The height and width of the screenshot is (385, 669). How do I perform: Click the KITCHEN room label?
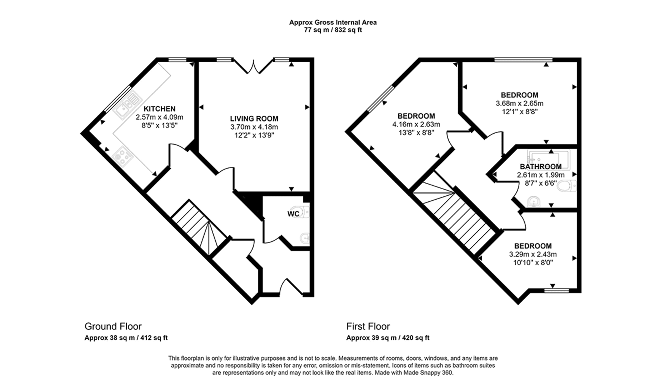[x=159, y=109]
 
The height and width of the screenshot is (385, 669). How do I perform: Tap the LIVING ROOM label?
[x=254, y=118]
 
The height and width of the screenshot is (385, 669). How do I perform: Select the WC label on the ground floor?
[x=293, y=214]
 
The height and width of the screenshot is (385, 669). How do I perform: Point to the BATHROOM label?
[x=541, y=167]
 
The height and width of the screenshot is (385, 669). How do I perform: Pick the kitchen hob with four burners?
[x=122, y=157]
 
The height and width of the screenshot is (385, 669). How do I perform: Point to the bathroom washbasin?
[x=534, y=201]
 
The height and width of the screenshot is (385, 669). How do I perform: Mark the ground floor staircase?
[x=199, y=227]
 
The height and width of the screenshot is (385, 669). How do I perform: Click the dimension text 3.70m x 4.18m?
[x=254, y=127]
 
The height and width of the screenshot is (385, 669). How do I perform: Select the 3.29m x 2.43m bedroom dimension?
[x=533, y=254]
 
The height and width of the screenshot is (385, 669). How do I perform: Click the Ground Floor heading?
[x=113, y=326]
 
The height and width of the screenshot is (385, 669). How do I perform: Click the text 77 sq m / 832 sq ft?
[x=333, y=30]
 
